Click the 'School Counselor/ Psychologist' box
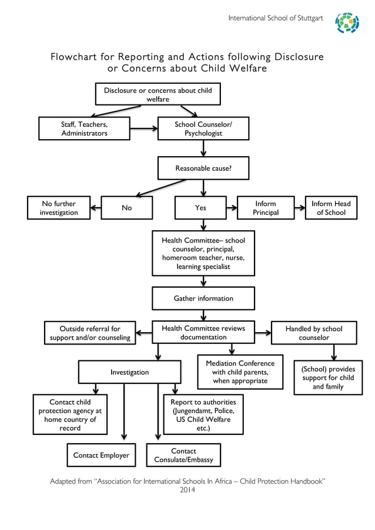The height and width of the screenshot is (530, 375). click(203, 129)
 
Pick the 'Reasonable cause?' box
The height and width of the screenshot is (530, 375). click(203, 168)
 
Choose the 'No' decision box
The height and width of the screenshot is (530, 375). click(126, 208)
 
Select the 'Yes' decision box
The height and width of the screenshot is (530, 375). click(200, 208)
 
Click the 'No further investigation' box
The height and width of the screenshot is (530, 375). click(59, 208)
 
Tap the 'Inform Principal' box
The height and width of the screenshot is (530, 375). click(265, 208)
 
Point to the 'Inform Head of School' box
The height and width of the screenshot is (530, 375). click(330, 208)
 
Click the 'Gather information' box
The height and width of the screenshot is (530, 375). click(203, 298)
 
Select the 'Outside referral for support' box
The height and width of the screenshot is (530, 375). click(90, 333)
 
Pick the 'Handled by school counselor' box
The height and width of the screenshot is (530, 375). click(313, 333)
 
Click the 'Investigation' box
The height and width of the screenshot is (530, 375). click(129, 372)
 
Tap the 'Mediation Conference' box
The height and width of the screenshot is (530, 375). click(240, 372)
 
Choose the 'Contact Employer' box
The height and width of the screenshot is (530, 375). click(101, 455)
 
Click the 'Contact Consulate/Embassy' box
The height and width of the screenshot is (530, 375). click(183, 455)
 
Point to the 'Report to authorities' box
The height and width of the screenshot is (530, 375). click(203, 415)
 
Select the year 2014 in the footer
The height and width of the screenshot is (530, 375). click(187, 490)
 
